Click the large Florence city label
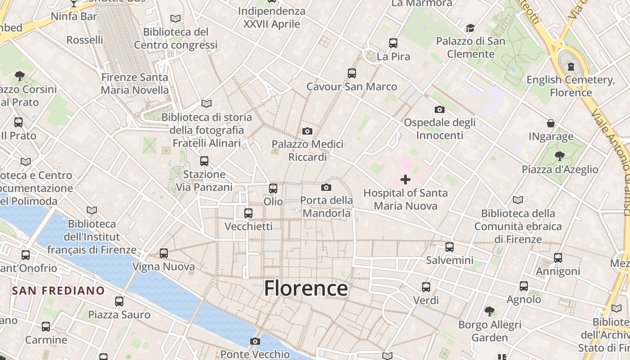pyautogui.click(x=306, y=288)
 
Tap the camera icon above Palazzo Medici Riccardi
pyautogui.click(x=307, y=131)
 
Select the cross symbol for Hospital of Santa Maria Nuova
pyautogui.click(x=405, y=180)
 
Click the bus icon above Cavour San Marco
pyautogui.click(x=352, y=73)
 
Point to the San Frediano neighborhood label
pyautogui.click(x=58, y=291)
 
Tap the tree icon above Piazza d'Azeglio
pyautogui.click(x=560, y=156)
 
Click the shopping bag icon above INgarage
pyautogui.click(x=551, y=123)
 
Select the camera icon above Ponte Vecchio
pyautogui.click(x=255, y=341)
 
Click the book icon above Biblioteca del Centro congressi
pyautogui.click(x=175, y=19)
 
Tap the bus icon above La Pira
pyautogui.click(x=393, y=43)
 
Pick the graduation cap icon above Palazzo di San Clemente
pyautogui.click(x=470, y=28)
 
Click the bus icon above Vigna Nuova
pyautogui.click(x=164, y=253)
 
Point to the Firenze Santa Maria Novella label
pyautogui.click(x=135, y=84)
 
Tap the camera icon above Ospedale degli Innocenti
pyautogui.click(x=440, y=109)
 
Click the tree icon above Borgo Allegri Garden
pyautogui.click(x=490, y=311)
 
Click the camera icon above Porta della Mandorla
pyautogui.click(x=326, y=187)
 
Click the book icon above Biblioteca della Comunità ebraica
pyautogui.click(x=518, y=200)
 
